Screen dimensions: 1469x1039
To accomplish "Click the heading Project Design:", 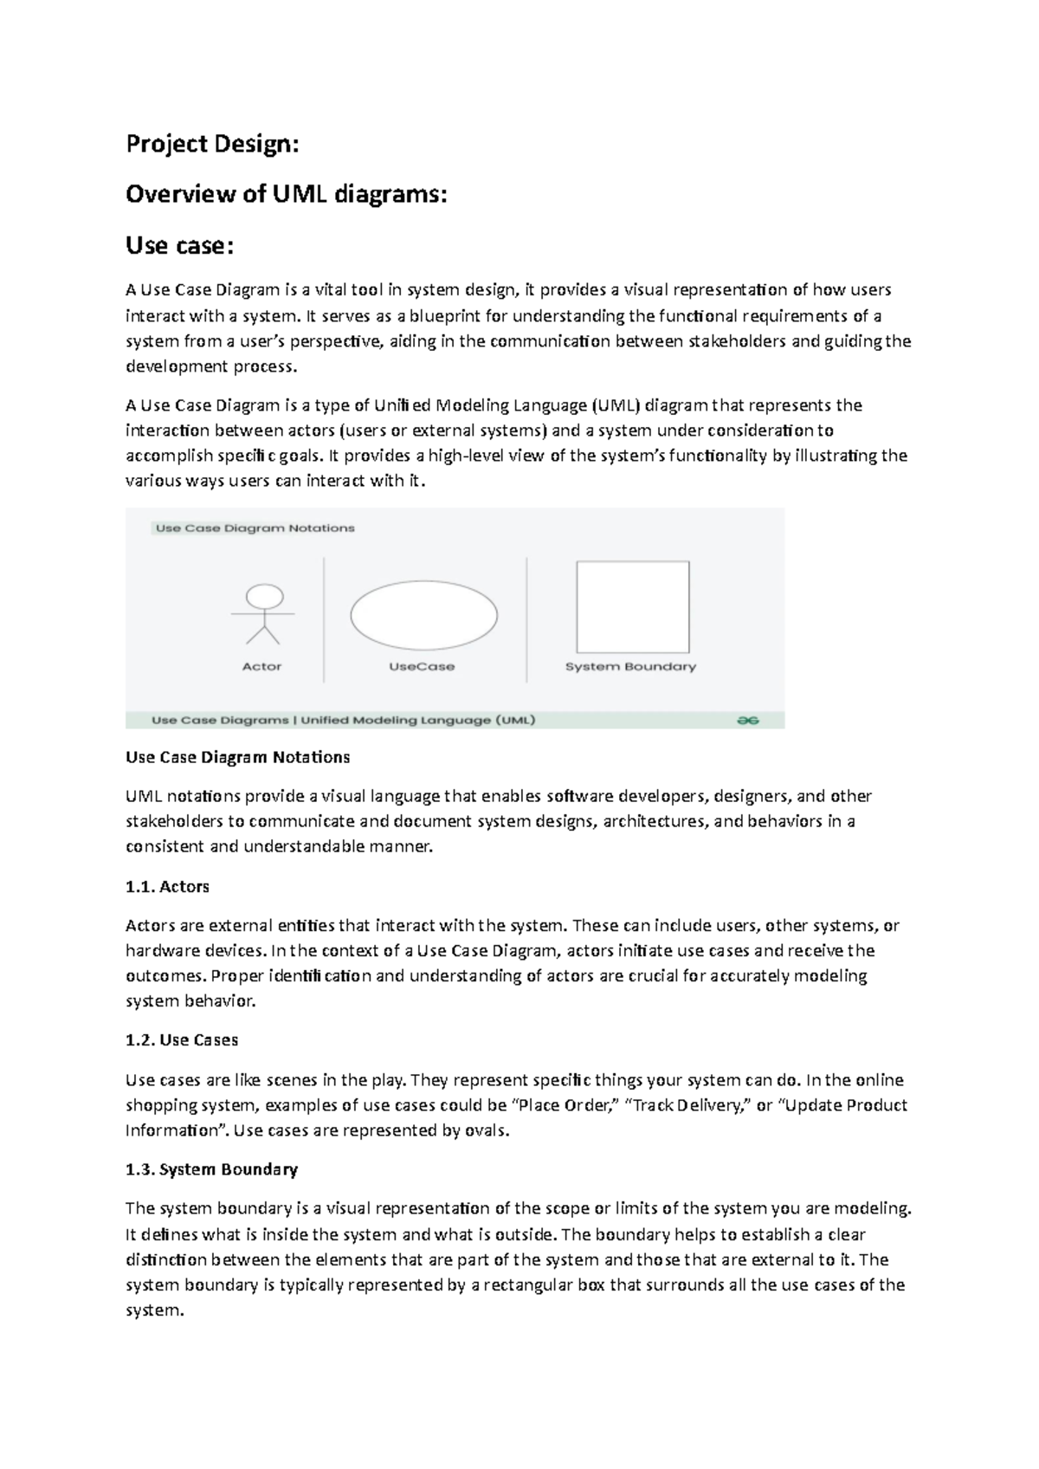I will pyautogui.click(x=212, y=144).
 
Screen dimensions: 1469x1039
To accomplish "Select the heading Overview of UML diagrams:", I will pyautogui.click(x=287, y=195).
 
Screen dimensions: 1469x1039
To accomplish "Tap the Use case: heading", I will pyautogui.click(x=179, y=246).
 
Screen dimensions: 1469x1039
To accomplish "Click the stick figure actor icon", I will pyautogui.click(x=263, y=615).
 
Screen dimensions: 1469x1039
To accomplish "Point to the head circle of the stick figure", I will pyautogui.click(x=264, y=596).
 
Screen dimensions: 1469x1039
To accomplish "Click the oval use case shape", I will pyautogui.click(x=423, y=615).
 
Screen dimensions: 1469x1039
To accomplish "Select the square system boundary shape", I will pyautogui.click(x=633, y=607).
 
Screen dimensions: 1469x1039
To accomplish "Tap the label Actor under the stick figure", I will pyautogui.click(x=261, y=667).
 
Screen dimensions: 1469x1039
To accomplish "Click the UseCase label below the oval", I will pyautogui.click(x=422, y=667).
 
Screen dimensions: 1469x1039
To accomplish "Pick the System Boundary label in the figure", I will pyautogui.click(x=630, y=667).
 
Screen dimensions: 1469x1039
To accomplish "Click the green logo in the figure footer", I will pyautogui.click(x=747, y=720).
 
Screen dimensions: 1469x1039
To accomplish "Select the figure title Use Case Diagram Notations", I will pyautogui.click(x=255, y=528).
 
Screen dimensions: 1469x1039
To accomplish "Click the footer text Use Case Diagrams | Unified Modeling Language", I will pyautogui.click(x=343, y=720).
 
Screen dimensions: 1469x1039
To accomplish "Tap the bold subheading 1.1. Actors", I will pyautogui.click(x=168, y=887).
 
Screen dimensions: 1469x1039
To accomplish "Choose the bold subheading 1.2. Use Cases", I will pyautogui.click(x=182, y=1040).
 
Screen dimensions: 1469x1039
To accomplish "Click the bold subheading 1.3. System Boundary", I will pyautogui.click(x=211, y=1170).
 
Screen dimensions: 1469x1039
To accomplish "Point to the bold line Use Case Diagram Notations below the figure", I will pyautogui.click(x=238, y=758).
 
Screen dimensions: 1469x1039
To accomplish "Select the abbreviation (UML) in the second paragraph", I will pyautogui.click(x=616, y=405).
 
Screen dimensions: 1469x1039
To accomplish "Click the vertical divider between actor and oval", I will pyautogui.click(x=324, y=619).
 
